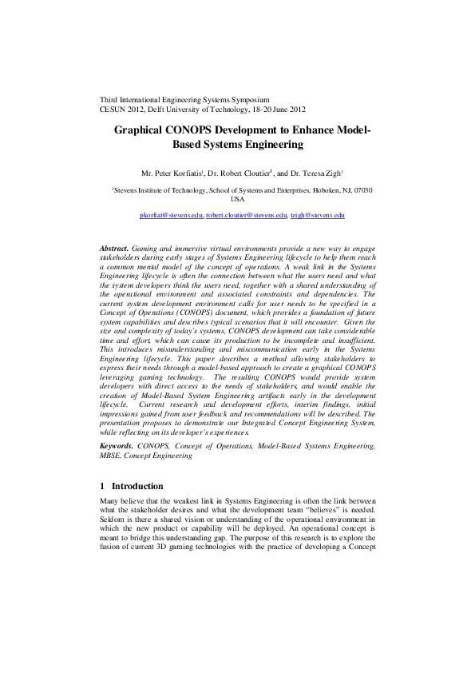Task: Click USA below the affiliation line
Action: (x=236, y=200)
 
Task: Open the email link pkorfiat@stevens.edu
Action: (x=172, y=216)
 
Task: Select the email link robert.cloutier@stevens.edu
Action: (x=246, y=216)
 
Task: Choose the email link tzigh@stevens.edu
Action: (x=317, y=216)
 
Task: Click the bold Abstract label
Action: (x=114, y=250)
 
